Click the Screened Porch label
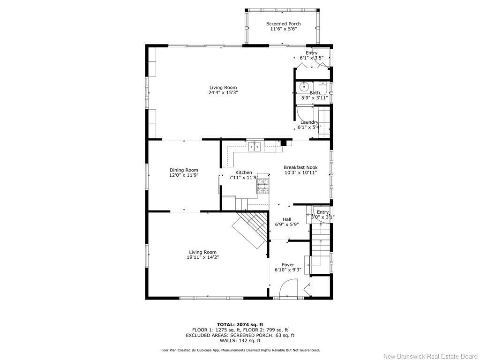click(x=283, y=24)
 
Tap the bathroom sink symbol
click(x=304, y=86)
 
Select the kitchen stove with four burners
click(x=262, y=186)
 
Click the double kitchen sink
click(x=255, y=147)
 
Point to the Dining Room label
click(x=184, y=170)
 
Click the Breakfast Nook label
click(x=300, y=167)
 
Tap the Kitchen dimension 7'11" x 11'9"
click(x=243, y=178)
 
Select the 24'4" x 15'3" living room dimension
click(x=223, y=93)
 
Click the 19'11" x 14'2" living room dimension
click(x=202, y=257)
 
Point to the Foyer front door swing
click(x=289, y=288)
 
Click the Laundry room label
click(x=309, y=122)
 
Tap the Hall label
click(x=287, y=219)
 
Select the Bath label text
click(x=314, y=93)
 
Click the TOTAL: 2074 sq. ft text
click(x=240, y=324)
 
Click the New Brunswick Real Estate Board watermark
click(x=430, y=356)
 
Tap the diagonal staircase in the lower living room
click(x=250, y=229)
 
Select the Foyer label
click(x=288, y=265)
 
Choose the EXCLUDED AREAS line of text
click(x=240, y=335)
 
